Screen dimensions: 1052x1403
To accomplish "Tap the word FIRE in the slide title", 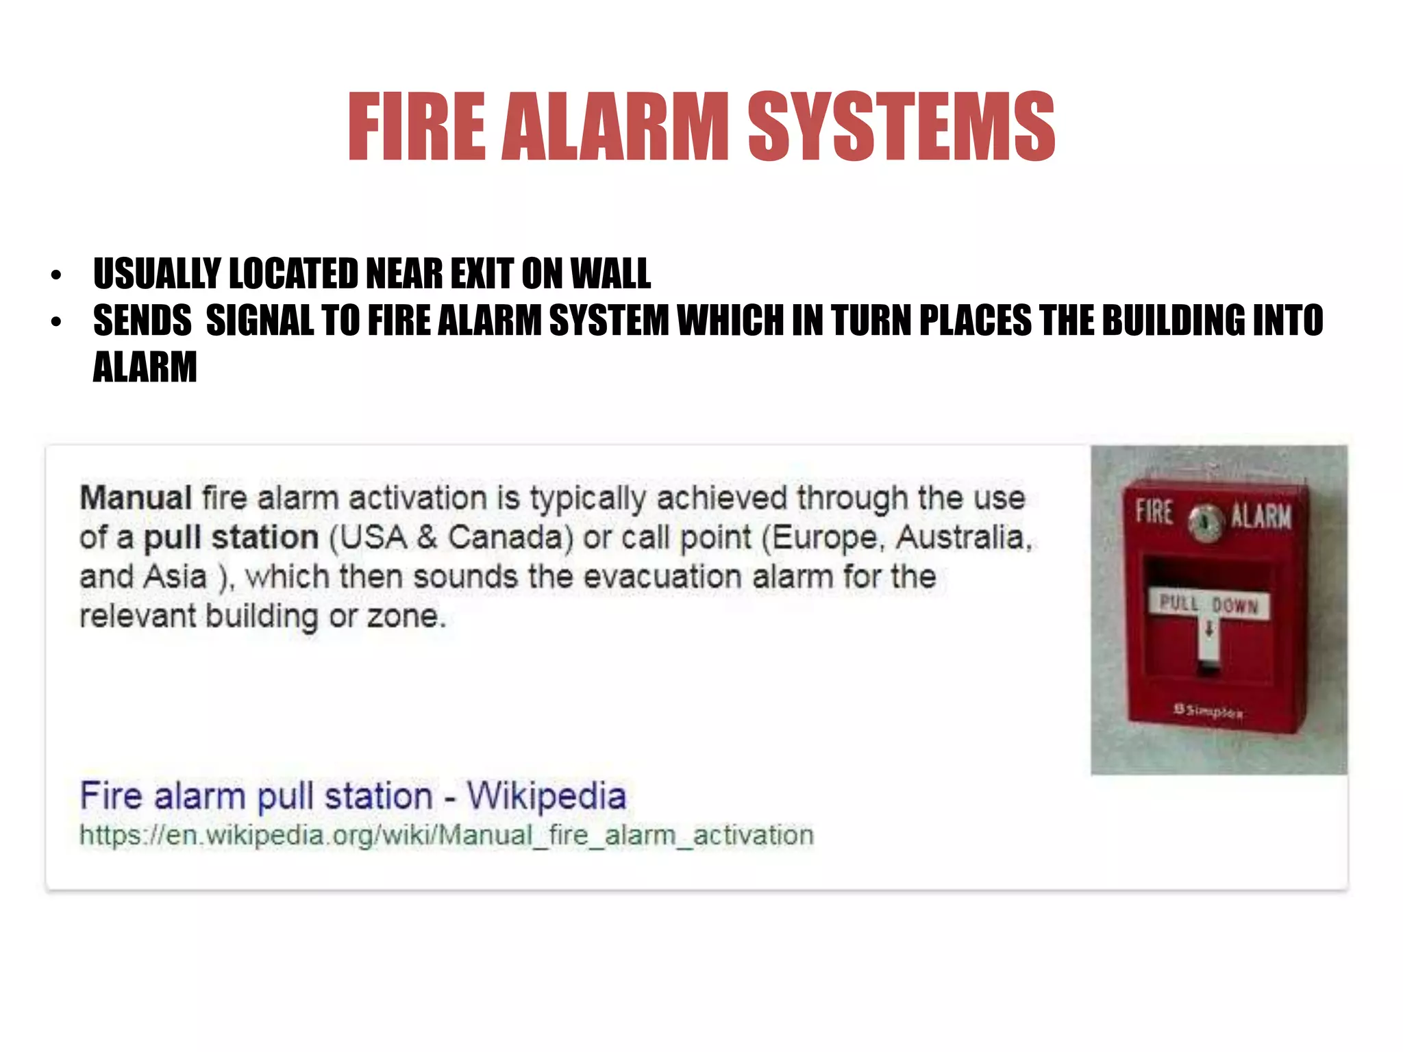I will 417,127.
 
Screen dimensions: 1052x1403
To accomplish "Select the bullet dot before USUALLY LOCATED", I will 56,276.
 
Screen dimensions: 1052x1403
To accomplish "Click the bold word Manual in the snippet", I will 136,498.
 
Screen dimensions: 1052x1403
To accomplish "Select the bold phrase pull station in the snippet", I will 231,538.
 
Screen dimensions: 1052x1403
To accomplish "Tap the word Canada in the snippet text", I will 510,538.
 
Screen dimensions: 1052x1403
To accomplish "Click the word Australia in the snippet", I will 964,538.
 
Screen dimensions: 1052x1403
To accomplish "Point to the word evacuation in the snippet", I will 662,577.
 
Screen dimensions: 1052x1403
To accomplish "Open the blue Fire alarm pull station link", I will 353,796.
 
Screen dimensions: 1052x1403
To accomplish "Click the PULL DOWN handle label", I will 1209,605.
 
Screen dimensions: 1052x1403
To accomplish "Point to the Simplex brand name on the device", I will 1208,711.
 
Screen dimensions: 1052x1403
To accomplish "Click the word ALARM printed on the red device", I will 1261,516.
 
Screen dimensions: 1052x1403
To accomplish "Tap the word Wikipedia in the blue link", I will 547,796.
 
